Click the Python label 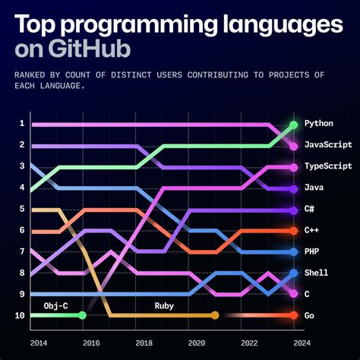[318, 123]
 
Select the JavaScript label [327, 144]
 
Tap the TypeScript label [327, 166]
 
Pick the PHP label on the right [311, 251]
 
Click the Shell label [315, 273]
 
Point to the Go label [309, 315]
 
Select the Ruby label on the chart [166, 305]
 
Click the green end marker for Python [293, 124]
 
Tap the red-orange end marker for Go [293, 315]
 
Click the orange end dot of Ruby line [215, 315]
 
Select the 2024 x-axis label [293, 343]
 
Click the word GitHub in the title [88, 49]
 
